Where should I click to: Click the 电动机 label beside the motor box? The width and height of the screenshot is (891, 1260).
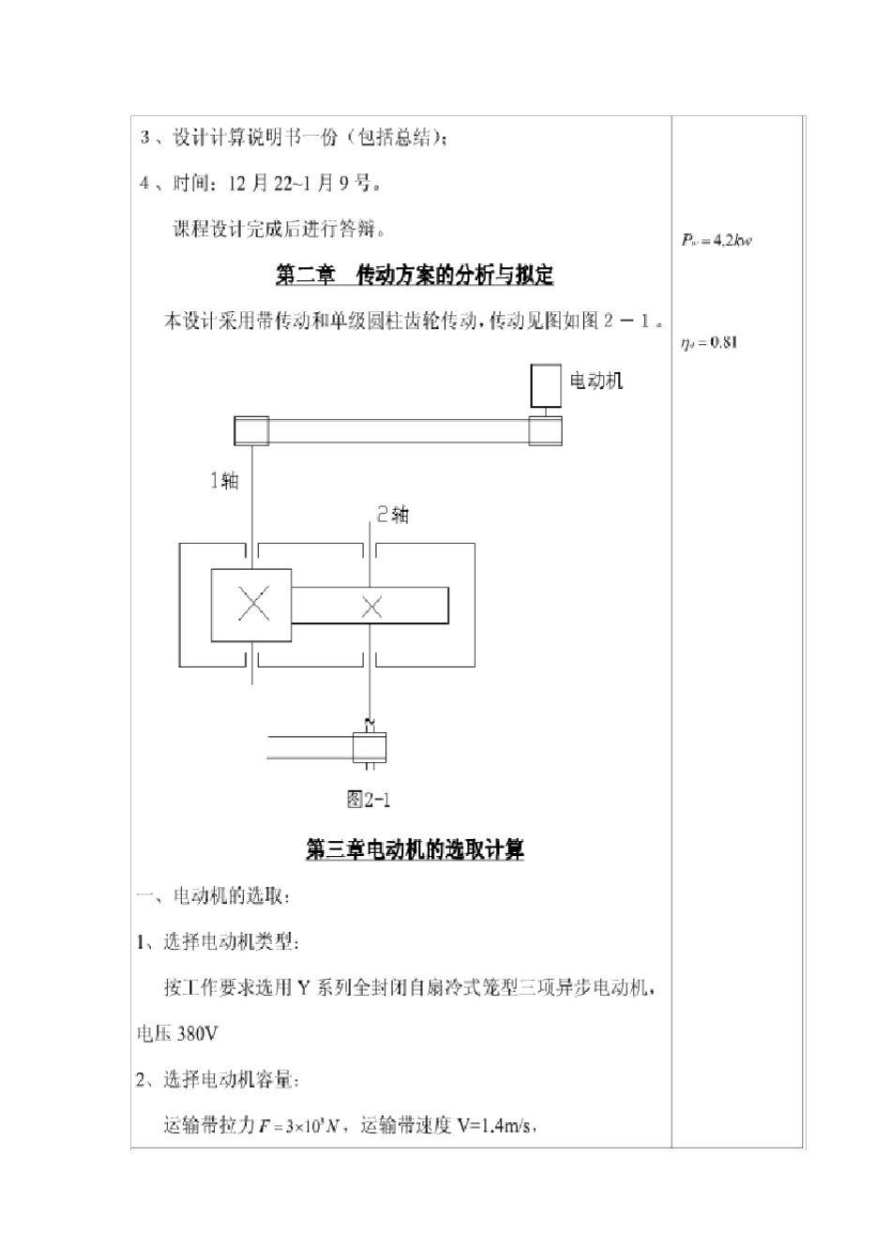(597, 380)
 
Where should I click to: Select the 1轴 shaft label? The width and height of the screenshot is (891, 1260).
(224, 481)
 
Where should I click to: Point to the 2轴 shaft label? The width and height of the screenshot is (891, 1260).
(393, 514)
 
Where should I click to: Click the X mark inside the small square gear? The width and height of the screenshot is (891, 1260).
(252, 604)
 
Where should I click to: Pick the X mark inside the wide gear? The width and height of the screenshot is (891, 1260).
(372, 607)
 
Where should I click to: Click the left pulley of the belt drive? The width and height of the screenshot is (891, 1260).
(250, 431)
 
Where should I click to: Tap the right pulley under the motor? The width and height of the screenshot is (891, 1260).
(546, 430)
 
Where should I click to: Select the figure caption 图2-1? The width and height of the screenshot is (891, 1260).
(369, 799)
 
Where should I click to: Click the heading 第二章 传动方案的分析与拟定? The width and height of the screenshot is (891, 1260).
(415, 275)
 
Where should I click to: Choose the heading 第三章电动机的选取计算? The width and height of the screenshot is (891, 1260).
(415, 849)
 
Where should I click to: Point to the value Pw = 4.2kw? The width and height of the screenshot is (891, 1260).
(717, 240)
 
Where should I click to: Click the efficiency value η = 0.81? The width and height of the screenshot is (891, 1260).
(710, 342)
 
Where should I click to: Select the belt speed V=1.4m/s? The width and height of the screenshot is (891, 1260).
(496, 1126)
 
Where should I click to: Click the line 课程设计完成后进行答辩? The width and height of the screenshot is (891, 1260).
(279, 228)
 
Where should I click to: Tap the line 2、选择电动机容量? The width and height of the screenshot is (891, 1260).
(219, 1080)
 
